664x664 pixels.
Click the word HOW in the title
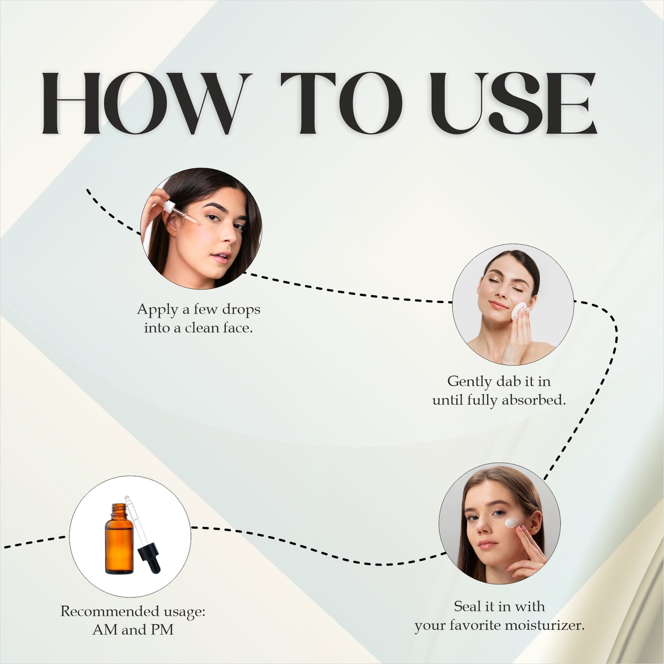[142, 103]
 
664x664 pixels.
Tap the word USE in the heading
[512, 103]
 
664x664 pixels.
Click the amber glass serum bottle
[119, 542]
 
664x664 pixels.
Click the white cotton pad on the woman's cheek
[520, 311]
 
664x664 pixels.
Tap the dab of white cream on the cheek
[512, 522]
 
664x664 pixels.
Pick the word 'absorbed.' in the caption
[533, 400]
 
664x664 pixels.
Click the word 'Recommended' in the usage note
[109, 611]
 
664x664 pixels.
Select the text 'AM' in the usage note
[105, 630]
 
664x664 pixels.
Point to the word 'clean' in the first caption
[202, 328]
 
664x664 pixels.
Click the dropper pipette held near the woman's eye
[182, 213]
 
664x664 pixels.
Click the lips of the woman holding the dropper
[221, 256]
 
